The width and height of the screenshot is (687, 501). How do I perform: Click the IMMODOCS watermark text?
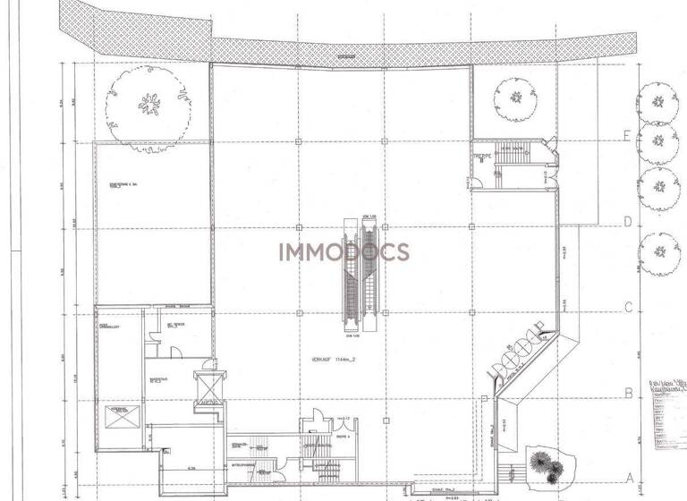pyautogui.click(x=343, y=251)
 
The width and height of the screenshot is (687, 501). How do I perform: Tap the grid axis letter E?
pyautogui.click(x=629, y=136)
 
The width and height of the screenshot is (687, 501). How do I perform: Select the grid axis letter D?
pyautogui.click(x=629, y=222)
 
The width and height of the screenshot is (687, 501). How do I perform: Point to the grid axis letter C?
pyautogui.click(x=629, y=308)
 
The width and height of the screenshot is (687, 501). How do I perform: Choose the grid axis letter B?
pyautogui.click(x=629, y=392)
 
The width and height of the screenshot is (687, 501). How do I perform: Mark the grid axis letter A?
pyautogui.click(x=629, y=477)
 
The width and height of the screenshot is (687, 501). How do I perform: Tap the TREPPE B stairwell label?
pyautogui.click(x=483, y=157)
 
